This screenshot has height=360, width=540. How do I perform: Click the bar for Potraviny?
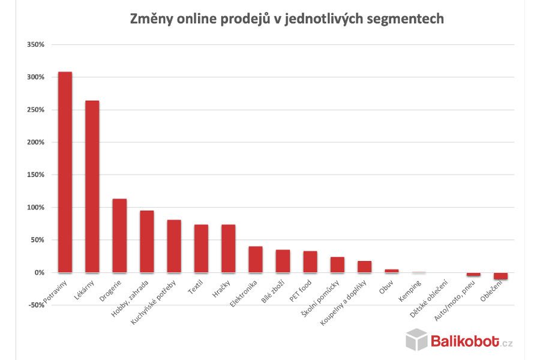click(x=65, y=172)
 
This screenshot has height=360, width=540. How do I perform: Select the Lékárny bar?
click(x=92, y=186)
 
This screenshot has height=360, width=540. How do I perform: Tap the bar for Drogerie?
click(x=119, y=235)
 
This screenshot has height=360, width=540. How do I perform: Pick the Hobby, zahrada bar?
click(x=147, y=241)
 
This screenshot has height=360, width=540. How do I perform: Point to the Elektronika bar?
click(x=256, y=259)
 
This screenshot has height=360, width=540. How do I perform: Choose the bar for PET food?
click(x=310, y=262)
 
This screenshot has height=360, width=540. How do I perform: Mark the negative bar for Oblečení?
click(x=501, y=276)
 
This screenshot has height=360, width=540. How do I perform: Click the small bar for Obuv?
click(x=392, y=271)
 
